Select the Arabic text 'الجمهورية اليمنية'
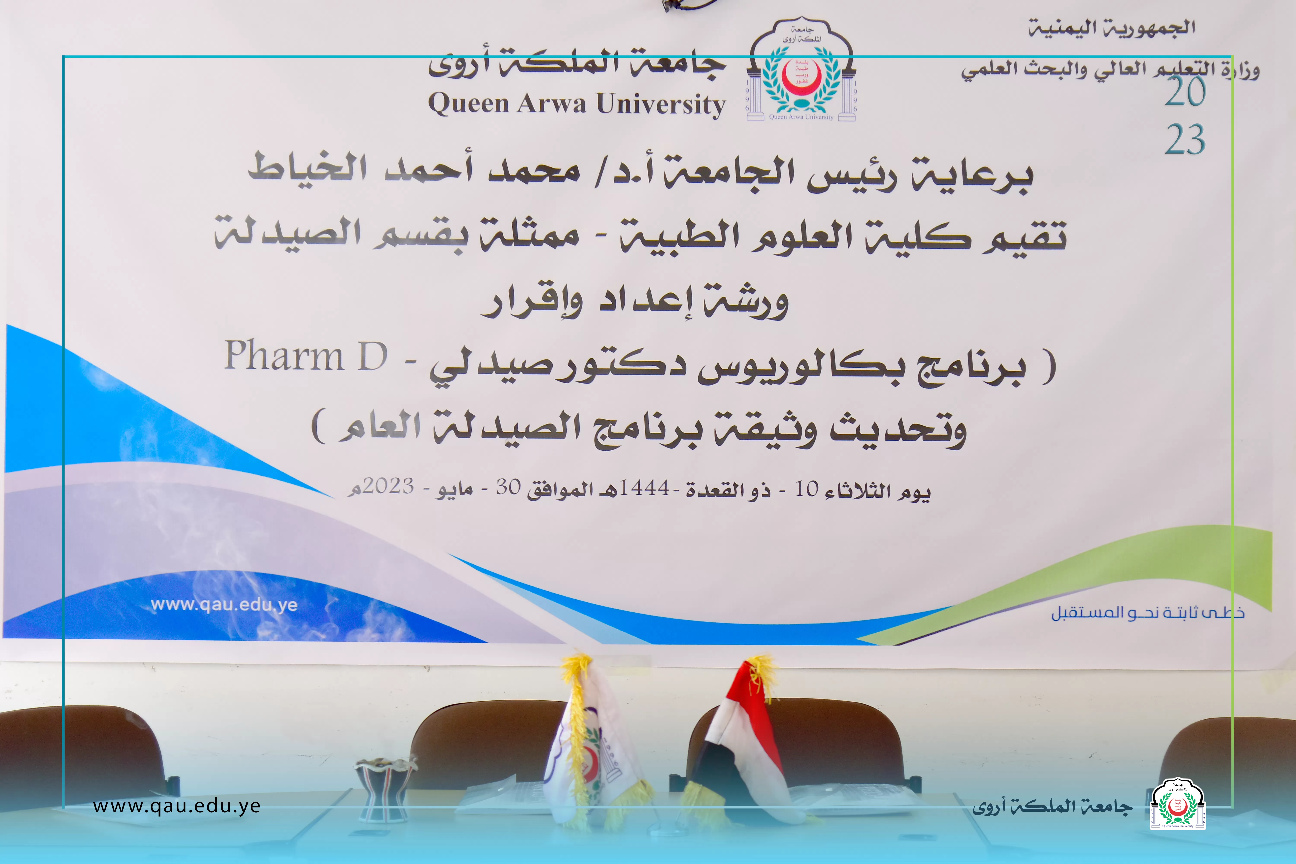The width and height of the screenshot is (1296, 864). [x=1111, y=28]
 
